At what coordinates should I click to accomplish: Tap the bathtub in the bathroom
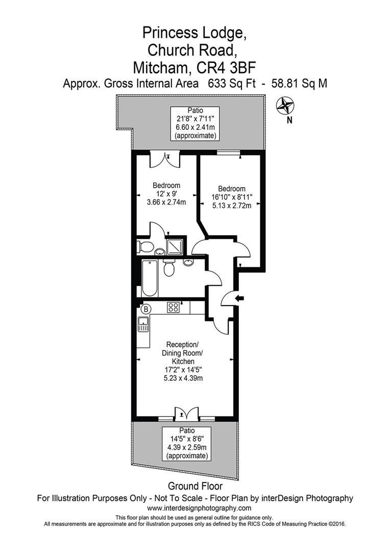click(x=150, y=279)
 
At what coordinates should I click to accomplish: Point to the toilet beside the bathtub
click(x=169, y=268)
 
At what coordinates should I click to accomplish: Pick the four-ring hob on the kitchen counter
click(x=174, y=308)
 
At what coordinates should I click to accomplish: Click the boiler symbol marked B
click(x=145, y=309)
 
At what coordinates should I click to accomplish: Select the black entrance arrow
click(x=240, y=298)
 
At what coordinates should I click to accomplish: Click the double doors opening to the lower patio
click(x=185, y=413)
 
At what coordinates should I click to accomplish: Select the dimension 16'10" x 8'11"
click(x=232, y=197)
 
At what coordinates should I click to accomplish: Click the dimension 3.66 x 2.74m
click(x=166, y=202)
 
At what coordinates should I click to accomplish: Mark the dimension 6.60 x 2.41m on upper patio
click(x=195, y=127)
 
